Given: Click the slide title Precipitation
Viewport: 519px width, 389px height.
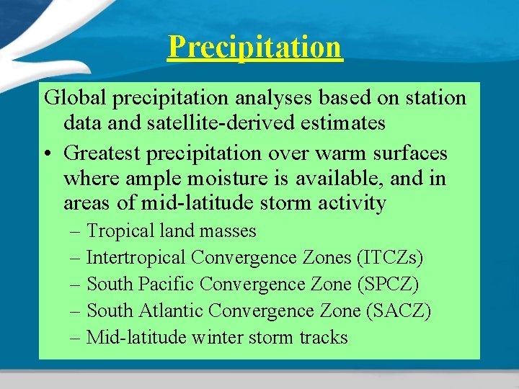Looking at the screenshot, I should coord(254,48).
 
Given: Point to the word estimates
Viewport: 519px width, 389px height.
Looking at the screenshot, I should coord(343,123).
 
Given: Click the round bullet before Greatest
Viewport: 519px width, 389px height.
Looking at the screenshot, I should coord(48,154).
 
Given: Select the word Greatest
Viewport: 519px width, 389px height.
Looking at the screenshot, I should coord(106,153).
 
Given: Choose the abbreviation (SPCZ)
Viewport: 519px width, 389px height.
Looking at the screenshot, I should coord(388,284).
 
